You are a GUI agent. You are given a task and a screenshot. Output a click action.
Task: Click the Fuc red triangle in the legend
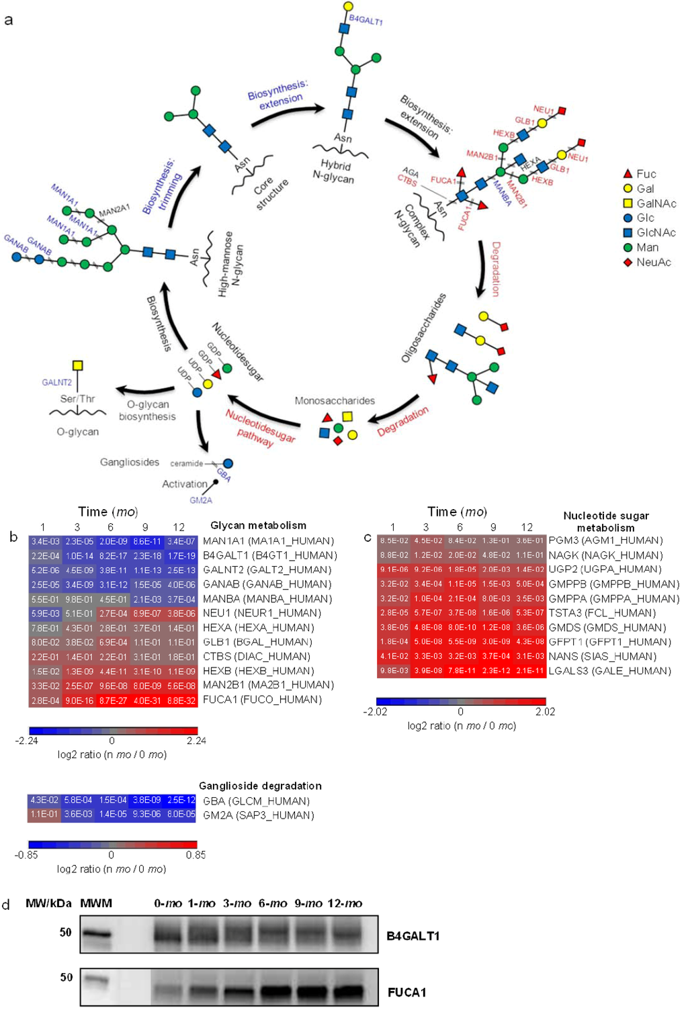tap(628, 174)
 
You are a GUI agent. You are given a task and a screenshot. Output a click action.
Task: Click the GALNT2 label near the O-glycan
tap(56, 382)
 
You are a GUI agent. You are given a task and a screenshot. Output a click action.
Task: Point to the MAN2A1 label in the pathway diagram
tap(114, 210)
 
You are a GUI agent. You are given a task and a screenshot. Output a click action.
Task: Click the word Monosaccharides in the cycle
tap(335, 401)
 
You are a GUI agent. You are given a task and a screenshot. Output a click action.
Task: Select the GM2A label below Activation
tap(200, 500)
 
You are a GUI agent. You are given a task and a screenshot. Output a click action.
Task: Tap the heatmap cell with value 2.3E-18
tap(146, 555)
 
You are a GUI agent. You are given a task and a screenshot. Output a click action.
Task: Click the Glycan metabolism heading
tap(258, 525)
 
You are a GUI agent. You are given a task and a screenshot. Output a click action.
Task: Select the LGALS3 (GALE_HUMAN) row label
tap(609, 671)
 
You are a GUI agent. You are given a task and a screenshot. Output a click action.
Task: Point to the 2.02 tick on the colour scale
tap(545, 712)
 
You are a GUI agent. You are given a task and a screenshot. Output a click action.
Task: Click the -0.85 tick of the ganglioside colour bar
tap(26, 855)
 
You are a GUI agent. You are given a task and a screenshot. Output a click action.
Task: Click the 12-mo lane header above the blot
tap(345, 903)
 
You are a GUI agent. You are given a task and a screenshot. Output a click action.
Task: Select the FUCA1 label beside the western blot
tap(406, 992)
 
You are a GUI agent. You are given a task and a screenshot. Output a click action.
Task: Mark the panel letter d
tap(7, 905)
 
